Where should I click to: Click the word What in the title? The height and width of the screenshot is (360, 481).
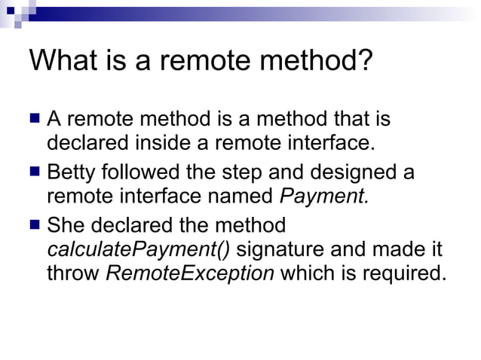[64, 60]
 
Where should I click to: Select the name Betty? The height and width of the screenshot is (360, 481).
[72, 172]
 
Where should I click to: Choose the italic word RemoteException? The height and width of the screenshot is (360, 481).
[190, 273]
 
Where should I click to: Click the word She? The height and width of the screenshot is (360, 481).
[67, 225]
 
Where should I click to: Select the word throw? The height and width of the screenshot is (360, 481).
[72, 273]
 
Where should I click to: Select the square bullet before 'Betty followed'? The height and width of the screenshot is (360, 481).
[35, 172]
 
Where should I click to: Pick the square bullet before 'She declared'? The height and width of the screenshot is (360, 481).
[35, 224]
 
